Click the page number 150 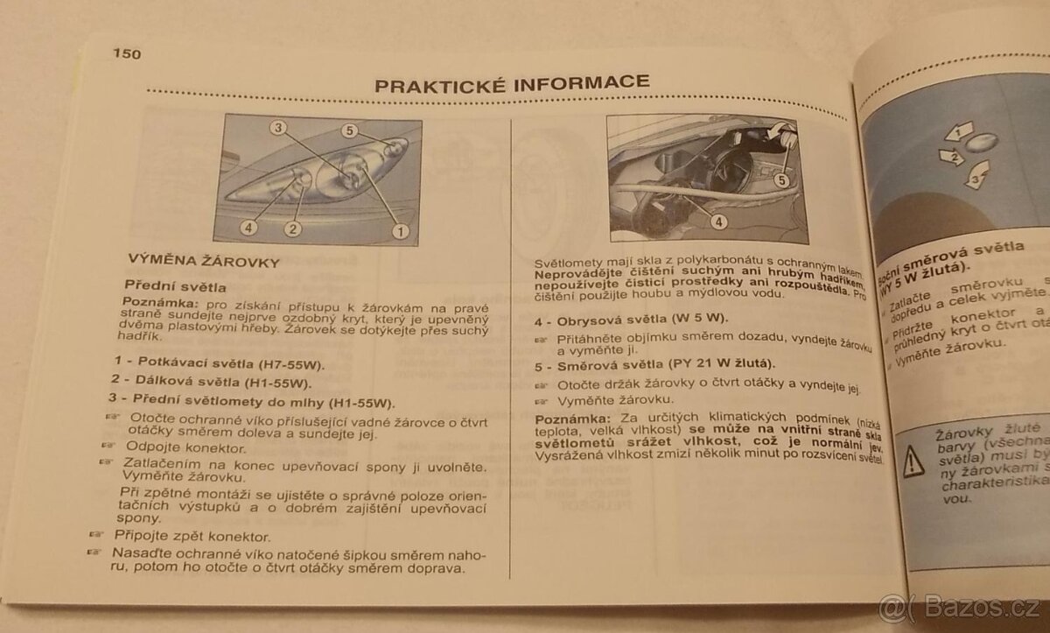[127, 53]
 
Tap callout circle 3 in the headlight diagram [278, 128]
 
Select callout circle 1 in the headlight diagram [401, 231]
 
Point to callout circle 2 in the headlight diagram [292, 229]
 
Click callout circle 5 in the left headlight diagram [349, 130]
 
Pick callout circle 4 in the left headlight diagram [248, 229]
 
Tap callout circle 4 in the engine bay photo [718, 222]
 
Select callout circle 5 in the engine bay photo [781, 180]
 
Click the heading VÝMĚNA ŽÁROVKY [203, 261]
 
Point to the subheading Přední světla [175, 285]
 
